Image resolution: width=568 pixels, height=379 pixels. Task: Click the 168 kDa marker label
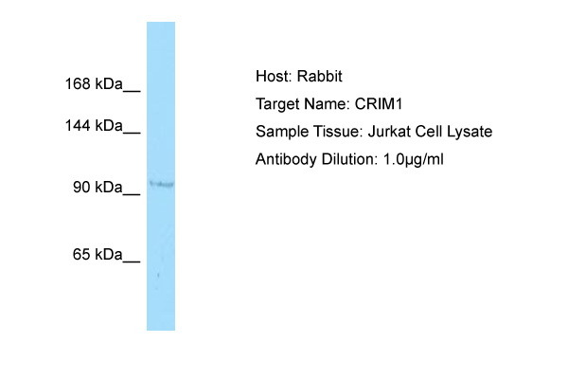point(94,83)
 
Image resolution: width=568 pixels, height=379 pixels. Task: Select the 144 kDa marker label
point(94,126)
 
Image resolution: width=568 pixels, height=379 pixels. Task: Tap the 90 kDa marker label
point(98,188)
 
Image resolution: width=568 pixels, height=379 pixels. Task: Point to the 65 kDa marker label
point(98,254)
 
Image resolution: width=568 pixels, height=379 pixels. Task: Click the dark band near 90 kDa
point(162,184)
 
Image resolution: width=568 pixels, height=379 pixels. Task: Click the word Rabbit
point(320,76)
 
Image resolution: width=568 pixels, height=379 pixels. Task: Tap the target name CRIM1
point(379,104)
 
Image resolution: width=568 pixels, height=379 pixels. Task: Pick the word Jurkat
point(389,132)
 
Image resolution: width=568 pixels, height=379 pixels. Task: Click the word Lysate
point(470,132)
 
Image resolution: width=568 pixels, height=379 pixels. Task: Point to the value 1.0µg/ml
point(414,159)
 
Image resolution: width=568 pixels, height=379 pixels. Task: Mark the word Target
point(277,104)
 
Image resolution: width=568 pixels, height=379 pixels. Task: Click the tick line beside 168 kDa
point(132,91)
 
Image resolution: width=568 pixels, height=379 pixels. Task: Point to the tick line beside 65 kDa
point(132,262)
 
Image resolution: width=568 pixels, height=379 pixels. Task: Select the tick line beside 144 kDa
point(132,133)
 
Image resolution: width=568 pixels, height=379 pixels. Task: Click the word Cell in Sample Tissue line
point(428,132)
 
